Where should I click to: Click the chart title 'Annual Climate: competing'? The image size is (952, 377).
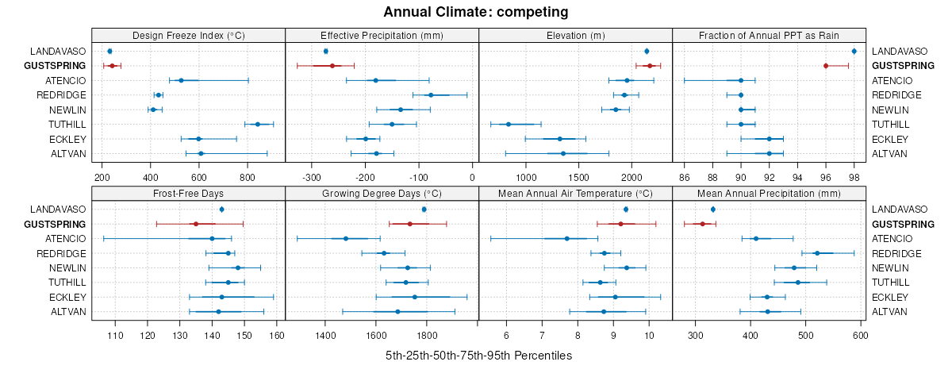(476, 12)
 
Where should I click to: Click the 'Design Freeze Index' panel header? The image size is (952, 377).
(188, 35)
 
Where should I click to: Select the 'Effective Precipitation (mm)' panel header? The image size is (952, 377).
(382, 35)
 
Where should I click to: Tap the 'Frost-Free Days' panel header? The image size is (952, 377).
(188, 193)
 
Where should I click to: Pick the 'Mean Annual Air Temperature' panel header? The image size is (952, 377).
(575, 193)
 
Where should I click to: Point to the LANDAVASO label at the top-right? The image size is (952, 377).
(900, 51)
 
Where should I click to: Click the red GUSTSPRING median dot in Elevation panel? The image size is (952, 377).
(650, 66)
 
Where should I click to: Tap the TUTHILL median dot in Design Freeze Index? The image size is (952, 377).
(257, 124)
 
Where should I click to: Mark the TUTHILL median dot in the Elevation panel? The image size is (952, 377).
(509, 124)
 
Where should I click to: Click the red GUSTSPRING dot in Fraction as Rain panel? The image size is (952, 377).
(826, 66)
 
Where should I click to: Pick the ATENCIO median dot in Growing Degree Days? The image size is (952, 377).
(346, 238)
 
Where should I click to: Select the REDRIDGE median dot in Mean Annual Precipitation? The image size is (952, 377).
(817, 253)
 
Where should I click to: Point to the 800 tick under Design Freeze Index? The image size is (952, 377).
(248, 178)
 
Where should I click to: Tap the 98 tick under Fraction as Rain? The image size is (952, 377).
(854, 178)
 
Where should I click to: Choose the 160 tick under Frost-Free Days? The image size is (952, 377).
(277, 336)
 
